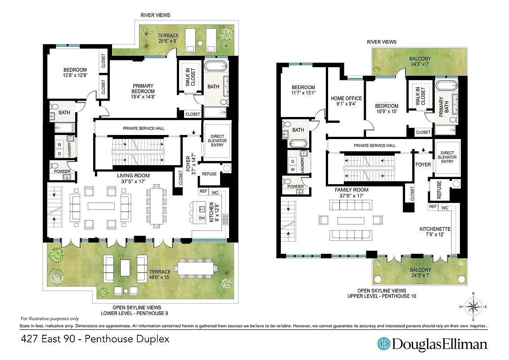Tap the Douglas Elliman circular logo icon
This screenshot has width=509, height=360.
(384, 344)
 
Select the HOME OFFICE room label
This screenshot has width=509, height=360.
(346, 101)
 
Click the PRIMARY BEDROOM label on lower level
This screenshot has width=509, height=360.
(143, 89)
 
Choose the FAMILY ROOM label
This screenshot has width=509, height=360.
(351, 190)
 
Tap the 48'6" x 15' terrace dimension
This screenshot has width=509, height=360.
(160, 278)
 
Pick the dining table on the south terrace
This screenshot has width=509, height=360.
(197, 268)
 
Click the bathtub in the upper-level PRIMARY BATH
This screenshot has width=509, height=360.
(447, 86)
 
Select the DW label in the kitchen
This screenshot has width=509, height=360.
(202, 218)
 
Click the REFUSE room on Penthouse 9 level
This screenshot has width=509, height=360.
(209, 174)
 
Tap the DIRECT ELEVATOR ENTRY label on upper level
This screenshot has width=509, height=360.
(447, 157)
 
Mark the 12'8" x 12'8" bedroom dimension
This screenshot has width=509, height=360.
(75, 76)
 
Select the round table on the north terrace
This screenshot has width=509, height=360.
(201, 44)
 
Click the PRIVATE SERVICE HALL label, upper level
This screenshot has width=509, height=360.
(374, 145)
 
